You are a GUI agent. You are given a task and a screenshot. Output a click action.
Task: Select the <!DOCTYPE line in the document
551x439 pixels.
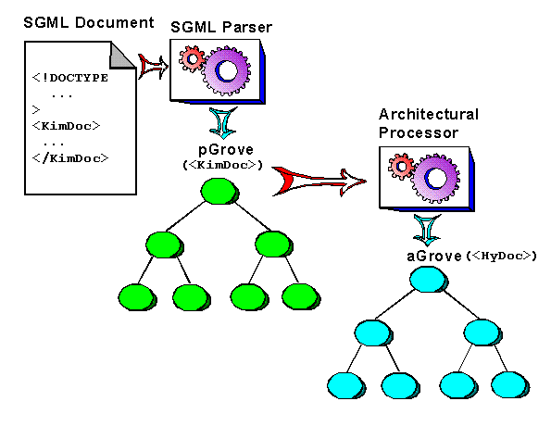pos(69,78)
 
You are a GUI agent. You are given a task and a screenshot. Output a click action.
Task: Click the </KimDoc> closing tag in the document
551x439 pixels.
pos(70,157)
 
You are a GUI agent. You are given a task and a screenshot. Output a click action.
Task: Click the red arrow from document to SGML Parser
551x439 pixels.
pos(152,64)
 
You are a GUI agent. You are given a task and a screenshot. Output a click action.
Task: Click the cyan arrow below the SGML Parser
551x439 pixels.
pos(221,121)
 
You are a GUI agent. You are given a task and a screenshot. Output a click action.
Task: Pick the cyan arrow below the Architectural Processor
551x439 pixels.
pos(426,228)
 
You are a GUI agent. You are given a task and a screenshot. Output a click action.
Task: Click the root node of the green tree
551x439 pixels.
pos(219,192)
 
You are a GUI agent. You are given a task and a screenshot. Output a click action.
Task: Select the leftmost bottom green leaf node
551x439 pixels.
pos(136,296)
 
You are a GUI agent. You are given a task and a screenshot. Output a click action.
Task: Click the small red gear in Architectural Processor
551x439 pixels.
pos(402,168)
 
